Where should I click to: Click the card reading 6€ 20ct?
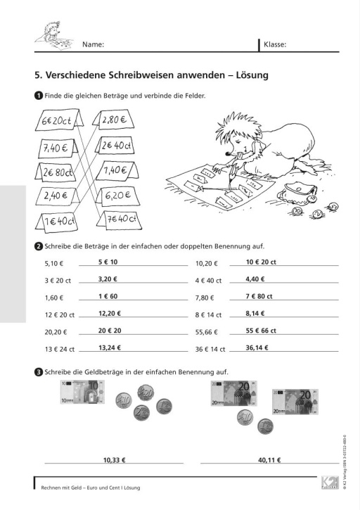[59, 120]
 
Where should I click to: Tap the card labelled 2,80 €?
[113, 120]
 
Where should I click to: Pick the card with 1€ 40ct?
[57, 222]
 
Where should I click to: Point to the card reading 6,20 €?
[118, 196]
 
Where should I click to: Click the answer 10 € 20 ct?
[261, 262]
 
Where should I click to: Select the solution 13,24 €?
[110, 348]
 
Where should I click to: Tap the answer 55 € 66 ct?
[261, 331]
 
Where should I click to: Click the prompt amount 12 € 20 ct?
[60, 315]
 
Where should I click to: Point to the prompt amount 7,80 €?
[204, 298]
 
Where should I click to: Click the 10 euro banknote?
[82, 392]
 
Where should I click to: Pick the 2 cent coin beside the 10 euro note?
[141, 413]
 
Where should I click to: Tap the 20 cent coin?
[146, 393]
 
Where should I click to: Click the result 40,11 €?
[269, 460]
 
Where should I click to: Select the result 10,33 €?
[114, 460]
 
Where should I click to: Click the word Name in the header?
[93, 44]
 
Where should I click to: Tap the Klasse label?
[275, 44]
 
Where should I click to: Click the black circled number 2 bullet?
[39, 246]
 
